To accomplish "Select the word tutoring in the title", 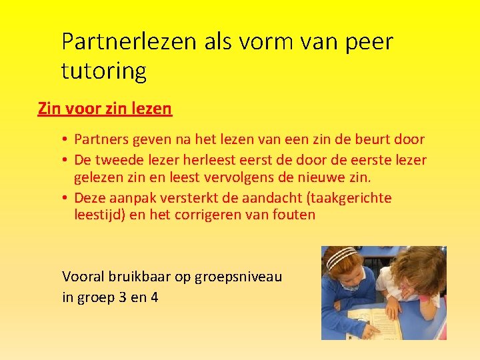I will (x=104, y=71).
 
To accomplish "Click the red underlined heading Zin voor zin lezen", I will (x=105, y=108).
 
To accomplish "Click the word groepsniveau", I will (x=239, y=276).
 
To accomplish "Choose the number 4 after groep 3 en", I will (x=154, y=297).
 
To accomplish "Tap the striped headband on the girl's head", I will (x=342, y=255).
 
